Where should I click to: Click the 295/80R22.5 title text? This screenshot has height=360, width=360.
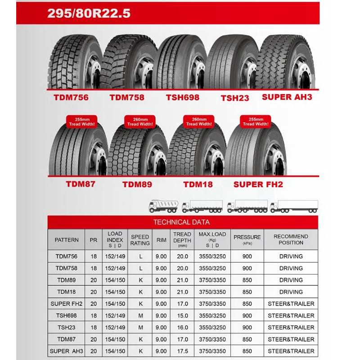click(89, 13)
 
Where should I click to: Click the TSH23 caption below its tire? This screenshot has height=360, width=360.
click(234, 98)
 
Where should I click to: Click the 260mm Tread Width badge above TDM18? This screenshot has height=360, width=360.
click(198, 121)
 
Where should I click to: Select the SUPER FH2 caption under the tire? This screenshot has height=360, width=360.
click(258, 184)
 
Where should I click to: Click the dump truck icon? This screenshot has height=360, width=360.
click(163, 206)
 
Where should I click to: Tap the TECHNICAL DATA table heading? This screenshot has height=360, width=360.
click(181, 222)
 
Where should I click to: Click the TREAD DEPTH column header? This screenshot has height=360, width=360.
click(182, 239)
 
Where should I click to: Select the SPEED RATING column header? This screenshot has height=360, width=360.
click(140, 240)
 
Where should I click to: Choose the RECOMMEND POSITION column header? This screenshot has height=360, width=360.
click(291, 239)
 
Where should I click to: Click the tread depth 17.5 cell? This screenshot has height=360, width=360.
click(182, 351)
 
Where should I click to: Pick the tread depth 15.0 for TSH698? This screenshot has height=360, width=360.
click(182, 315)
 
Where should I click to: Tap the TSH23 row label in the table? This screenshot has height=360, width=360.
click(66, 327)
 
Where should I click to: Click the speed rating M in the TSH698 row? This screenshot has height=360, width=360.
click(140, 315)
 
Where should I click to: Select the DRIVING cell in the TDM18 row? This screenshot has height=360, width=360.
click(291, 292)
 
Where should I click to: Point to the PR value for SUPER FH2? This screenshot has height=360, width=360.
click(94, 304)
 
